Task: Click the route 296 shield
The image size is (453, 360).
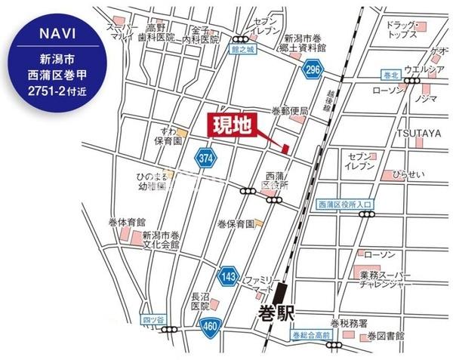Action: [312, 71]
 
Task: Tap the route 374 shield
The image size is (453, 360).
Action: [203, 158]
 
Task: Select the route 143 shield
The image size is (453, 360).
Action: [227, 276]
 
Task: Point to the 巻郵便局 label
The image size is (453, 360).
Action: [290, 111]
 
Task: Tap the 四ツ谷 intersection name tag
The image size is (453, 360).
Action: [152, 320]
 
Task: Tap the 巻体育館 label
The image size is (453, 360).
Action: [106, 223]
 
